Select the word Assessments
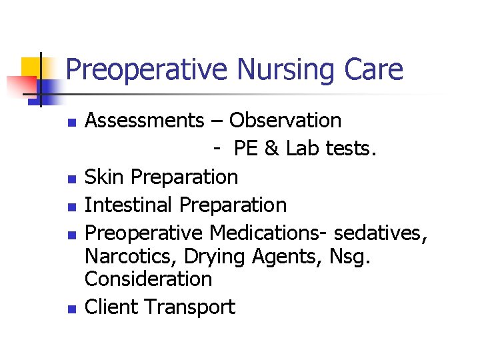[145, 121]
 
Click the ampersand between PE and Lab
[271, 149]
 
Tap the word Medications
[269, 233]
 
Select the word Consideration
[149, 279]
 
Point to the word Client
[111, 307]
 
